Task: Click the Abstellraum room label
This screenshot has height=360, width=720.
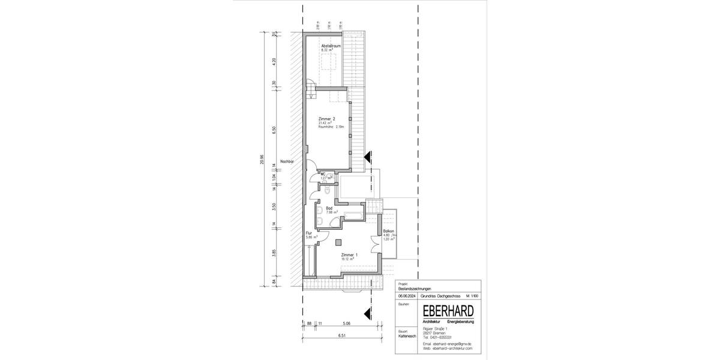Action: click(x=331, y=46)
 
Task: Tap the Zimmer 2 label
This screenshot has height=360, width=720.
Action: click(x=327, y=119)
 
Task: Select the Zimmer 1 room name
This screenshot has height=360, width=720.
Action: click(x=349, y=255)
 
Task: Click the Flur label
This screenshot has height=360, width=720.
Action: click(x=309, y=233)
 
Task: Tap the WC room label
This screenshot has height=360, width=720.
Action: click(x=323, y=174)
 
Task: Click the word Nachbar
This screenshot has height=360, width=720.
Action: click(x=287, y=161)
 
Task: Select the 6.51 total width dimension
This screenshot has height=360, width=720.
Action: click(x=343, y=335)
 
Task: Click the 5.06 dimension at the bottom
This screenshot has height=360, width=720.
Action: click(x=347, y=324)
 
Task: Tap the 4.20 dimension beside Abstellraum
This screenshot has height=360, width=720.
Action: click(x=274, y=61)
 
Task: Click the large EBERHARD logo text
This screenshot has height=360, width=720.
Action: click(x=448, y=311)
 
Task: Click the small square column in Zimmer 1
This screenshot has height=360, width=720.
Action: click(x=338, y=241)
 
